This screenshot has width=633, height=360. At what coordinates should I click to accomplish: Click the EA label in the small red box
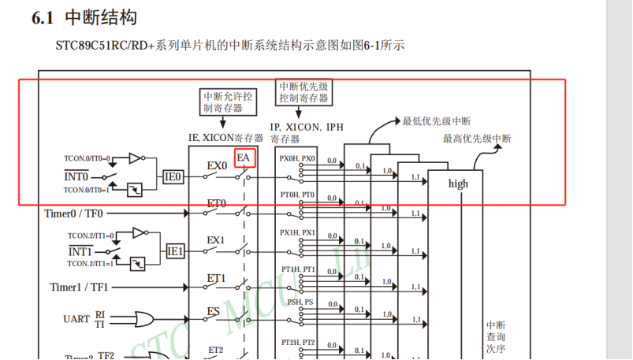[x=244, y=158]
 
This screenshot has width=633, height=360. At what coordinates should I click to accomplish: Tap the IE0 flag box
[x=173, y=177]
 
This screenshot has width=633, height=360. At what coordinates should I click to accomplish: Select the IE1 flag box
[x=175, y=251]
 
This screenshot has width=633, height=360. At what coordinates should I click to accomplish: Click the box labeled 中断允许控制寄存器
[x=228, y=102]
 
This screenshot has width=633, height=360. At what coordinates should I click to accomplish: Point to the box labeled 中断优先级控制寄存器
[x=303, y=92]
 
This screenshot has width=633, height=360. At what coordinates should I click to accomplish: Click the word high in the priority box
[x=458, y=184]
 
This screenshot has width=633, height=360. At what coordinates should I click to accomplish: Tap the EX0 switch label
[x=217, y=166]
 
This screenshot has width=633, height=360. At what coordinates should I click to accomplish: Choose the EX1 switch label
[x=216, y=239]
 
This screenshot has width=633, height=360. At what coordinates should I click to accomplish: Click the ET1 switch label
[x=216, y=278]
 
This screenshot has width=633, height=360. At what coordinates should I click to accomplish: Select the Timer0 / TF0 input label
[x=73, y=213]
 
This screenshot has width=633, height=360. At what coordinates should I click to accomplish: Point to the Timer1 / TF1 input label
[x=80, y=287]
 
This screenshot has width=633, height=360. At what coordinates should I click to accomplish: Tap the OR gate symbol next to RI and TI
[x=145, y=318]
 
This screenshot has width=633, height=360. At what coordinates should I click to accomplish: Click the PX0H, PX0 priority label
[x=297, y=158]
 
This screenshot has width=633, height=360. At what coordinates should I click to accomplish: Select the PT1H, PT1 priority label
[x=298, y=269]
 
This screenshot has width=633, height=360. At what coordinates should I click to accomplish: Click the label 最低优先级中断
[x=437, y=121]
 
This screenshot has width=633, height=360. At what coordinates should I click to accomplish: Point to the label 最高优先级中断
[x=476, y=139]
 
